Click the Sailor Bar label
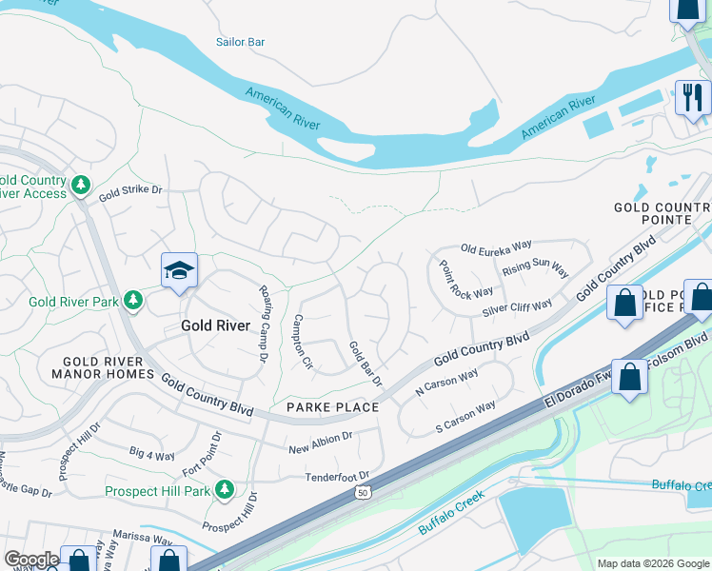pyautogui.click(x=240, y=42)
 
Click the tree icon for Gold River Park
pyautogui.click(x=134, y=302)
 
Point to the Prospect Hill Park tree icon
pyautogui.click(x=224, y=490)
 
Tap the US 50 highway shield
pyautogui.click(x=361, y=493)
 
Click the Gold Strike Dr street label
pyautogui.click(x=131, y=191)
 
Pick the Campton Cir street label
pyautogui.click(x=303, y=342)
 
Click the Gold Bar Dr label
pyautogui.click(x=365, y=364)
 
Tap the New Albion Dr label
pyautogui.click(x=320, y=441)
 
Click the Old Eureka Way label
pyautogui.click(x=496, y=247)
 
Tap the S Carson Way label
pyautogui.click(x=466, y=418)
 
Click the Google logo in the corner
pyautogui.click(x=31, y=559)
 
